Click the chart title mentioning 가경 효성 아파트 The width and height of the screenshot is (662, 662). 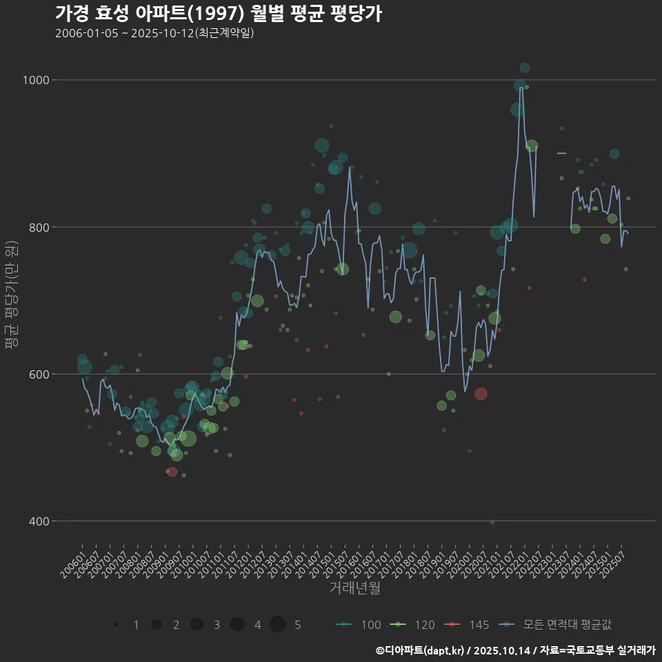pos(218,14)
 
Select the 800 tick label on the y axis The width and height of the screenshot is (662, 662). pos(39,227)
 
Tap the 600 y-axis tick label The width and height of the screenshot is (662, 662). pos(39,374)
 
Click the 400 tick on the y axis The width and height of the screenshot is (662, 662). pos(39,521)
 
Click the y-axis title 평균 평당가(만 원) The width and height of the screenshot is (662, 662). pos(11,296)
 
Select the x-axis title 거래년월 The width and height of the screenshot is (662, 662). pos(354,588)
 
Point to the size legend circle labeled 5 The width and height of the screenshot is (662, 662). pos(278,625)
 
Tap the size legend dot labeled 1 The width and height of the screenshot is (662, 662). pos(116,625)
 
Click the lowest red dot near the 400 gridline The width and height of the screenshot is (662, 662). pos(492,522)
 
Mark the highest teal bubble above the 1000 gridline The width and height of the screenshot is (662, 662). pos(525,68)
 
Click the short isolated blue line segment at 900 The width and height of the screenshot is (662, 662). pos(561,153)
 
